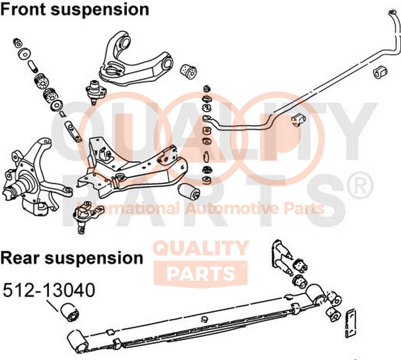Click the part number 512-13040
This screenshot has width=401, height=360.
pyautogui.click(x=49, y=290)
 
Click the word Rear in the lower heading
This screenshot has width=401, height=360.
pyautogui.click(x=20, y=258)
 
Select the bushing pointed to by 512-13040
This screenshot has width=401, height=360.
pyautogui.click(x=70, y=312)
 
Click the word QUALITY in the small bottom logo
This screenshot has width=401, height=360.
pyautogui.click(x=201, y=248)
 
